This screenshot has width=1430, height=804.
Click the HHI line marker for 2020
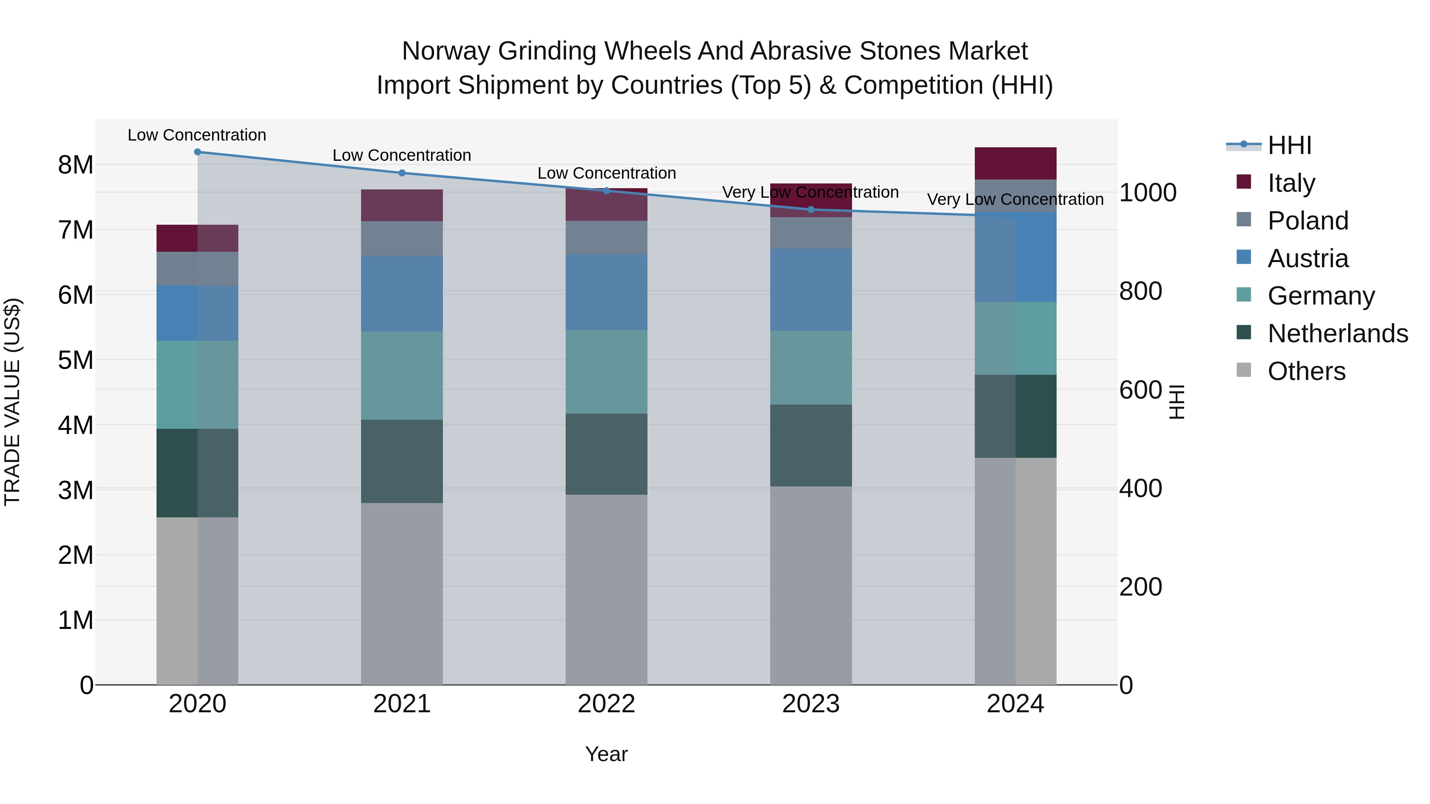point(198,152)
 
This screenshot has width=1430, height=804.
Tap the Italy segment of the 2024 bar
point(1015,164)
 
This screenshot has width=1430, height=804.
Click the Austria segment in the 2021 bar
point(402,293)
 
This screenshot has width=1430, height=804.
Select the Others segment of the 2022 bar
point(606,589)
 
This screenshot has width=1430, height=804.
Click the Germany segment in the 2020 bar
point(198,384)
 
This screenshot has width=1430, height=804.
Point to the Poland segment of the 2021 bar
point(402,239)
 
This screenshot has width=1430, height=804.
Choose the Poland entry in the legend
point(1307,221)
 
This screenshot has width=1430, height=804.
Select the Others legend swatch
point(1244,370)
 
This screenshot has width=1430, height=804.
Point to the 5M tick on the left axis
point(75,360)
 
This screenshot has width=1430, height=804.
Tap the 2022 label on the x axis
point(606,704)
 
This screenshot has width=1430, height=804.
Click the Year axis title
point(606,754)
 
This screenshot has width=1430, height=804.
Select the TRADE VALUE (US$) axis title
point(12,402)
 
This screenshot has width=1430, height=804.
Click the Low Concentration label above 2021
point(402,155)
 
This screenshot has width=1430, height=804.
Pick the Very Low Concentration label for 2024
point(1015,199)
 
